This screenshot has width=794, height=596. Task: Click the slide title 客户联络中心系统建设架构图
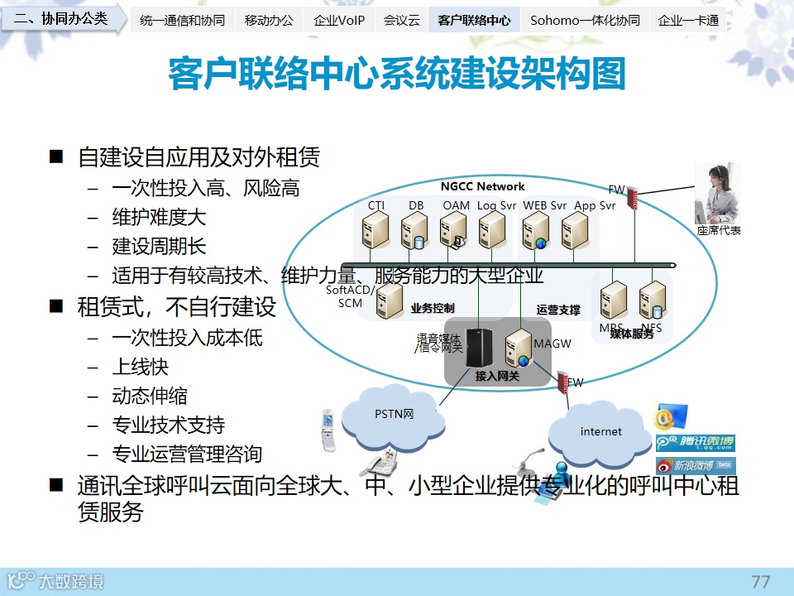click(x=397, y=74)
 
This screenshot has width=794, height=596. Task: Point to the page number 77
click(x=760, y=581)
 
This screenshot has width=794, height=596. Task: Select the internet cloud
click(x=600, y=431)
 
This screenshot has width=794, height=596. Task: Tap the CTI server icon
click(x=376, y=231)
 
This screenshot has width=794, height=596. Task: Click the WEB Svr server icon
click(x=537, y=231)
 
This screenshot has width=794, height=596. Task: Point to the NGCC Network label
click(x=482, y=186)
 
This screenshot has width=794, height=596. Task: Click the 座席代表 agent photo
click(x=716, y=194)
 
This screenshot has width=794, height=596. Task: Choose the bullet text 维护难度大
click(x=159, y=218)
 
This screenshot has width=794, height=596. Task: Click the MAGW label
click(x=552, y=344)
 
